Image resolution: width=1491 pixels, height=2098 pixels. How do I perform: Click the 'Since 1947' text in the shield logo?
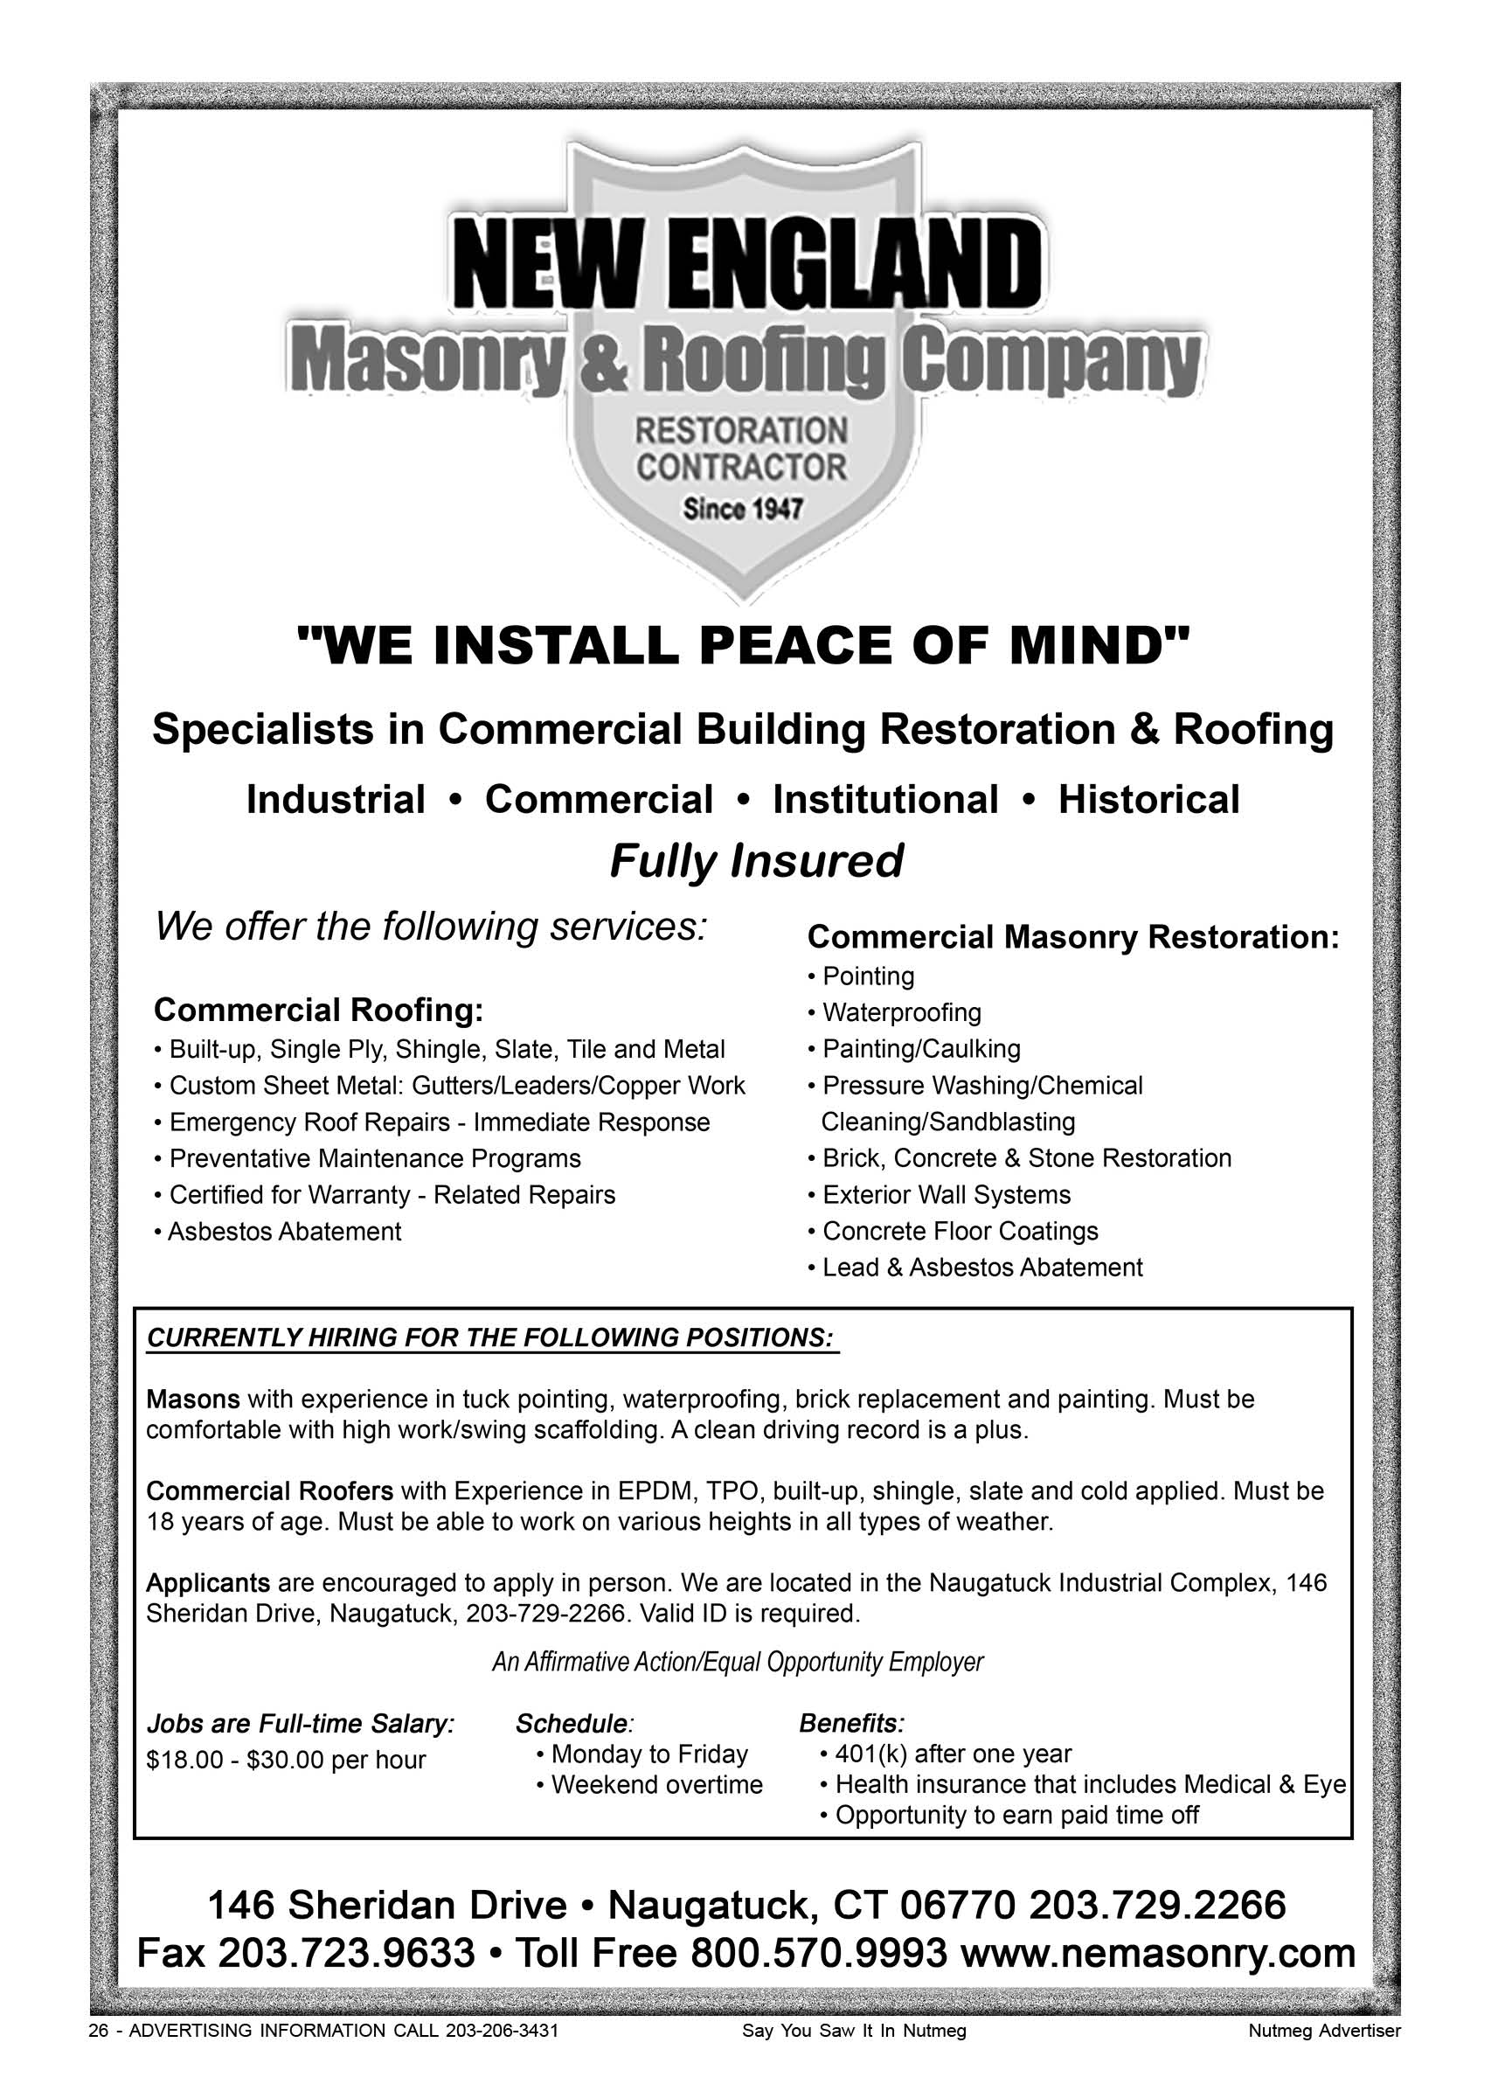[742, 509]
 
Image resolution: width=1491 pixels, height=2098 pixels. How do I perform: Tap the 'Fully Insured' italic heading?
[756, 861]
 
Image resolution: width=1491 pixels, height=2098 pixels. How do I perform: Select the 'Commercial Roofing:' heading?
[317, 1010]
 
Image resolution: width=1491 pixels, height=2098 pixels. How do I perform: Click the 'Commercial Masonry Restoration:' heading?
[1072, 937]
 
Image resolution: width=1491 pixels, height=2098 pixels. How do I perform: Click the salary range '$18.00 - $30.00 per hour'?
[286, 1760]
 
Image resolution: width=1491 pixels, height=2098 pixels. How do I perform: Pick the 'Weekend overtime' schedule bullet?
[656, 1785]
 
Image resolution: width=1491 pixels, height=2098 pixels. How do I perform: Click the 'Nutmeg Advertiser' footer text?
[1324, 2031]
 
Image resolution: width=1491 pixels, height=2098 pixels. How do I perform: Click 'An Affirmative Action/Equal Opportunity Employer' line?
[738, 1662]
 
